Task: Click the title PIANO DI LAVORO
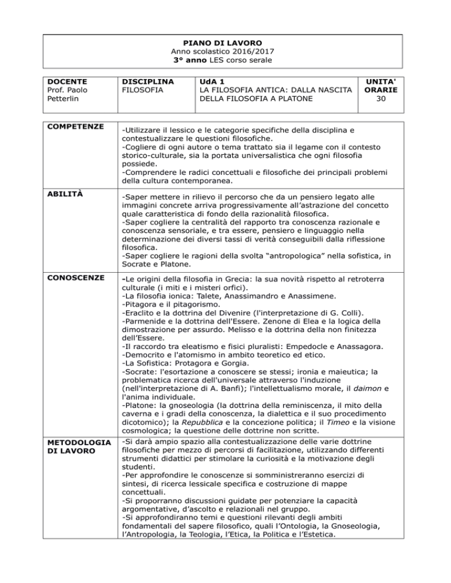225,43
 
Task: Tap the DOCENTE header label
68,81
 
